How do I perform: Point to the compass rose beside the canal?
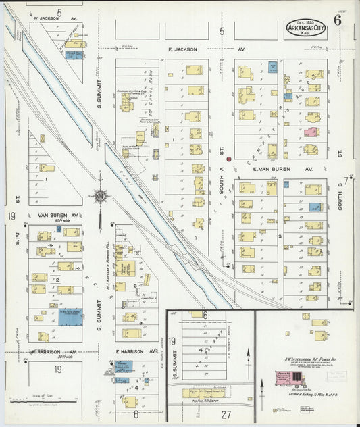[x=101, y=196]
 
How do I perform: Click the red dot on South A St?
[x=229, y=159]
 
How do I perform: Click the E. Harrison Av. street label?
[x=136, y=351]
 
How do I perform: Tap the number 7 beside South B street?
[x=346, y=180]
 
